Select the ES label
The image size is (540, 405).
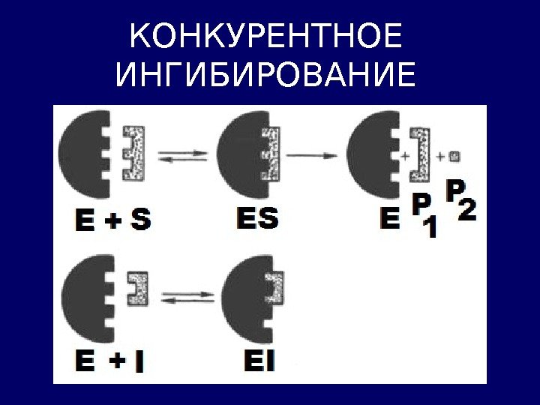pyautogui.click(x=256, y=220)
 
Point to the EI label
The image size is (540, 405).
pyautogui.click(x=259, y=363)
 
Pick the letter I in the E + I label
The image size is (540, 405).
pyautogui.click(x=139, y=363)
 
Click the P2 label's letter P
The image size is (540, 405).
pyautogui.click(x=455, y=189)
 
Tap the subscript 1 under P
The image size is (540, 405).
pyautogui.click(x=430, y=228)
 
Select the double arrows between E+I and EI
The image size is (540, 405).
pyautogui.click(x=184, y=298)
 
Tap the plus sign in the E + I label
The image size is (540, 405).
pyautogui.click(x=117, y=362)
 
